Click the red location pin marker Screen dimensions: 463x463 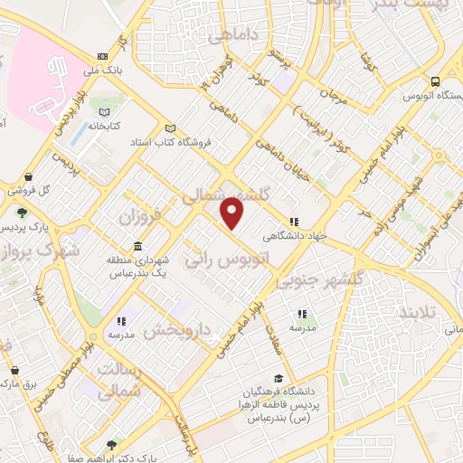(233, 214)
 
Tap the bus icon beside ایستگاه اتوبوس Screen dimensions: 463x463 (435, 79)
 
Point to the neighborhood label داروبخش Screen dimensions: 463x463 (176, 329)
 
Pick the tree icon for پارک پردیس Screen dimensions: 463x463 (21, 213)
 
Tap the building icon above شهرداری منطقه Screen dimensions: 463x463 (137, 247)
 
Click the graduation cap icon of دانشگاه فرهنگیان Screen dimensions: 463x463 (279, 379)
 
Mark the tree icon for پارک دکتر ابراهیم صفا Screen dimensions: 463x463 (111, 445)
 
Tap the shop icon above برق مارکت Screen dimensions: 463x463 (14, 370)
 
